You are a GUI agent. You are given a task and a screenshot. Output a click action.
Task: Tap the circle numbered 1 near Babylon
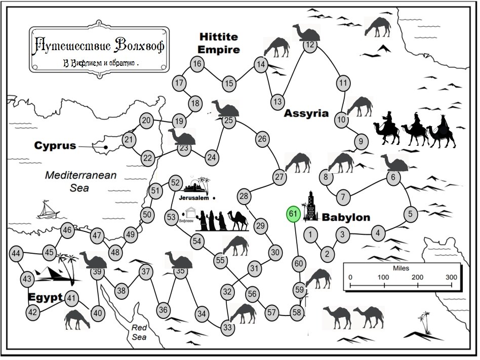(311, 234)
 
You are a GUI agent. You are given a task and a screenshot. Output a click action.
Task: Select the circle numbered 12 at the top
(310, 45)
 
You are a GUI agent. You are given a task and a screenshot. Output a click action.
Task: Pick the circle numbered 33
(228, 328)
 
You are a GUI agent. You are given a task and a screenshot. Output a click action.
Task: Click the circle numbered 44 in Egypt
(16, 253)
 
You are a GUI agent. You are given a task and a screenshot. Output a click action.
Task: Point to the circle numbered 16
(197, 64)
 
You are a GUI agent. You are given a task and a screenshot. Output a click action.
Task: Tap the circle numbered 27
(279, 177)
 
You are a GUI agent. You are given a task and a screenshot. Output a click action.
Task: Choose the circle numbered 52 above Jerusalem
(175, 183)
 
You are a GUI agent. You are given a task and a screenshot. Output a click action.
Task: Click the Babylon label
(346, 218)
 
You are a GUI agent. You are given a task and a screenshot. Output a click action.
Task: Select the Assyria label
(306, 113)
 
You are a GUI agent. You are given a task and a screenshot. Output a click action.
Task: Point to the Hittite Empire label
(219, 43)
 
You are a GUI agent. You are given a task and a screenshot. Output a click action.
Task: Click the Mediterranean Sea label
(81, 181)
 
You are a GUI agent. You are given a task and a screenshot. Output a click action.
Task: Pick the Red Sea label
(139, 332)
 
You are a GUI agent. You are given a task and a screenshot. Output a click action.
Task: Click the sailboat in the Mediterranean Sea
(48, 209)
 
